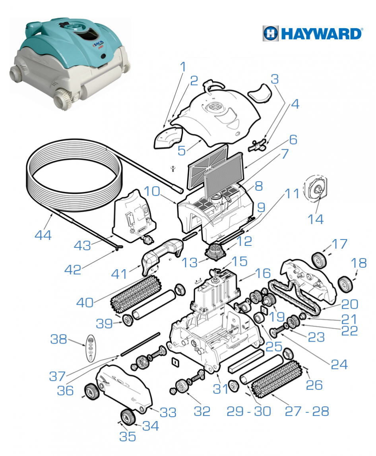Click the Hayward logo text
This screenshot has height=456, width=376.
coord(322,33)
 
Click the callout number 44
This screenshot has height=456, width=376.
coord(43,235)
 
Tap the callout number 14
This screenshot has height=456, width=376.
coord(316,219)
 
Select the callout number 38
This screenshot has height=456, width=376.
coord(58,339)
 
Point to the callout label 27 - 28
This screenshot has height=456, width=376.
coord(307,411)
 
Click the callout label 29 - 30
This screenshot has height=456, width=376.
coord(249,411)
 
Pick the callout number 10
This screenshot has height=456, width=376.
coord(152,191)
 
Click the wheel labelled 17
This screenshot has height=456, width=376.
coord(319,260)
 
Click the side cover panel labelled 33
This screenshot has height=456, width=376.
coord(124,388)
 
